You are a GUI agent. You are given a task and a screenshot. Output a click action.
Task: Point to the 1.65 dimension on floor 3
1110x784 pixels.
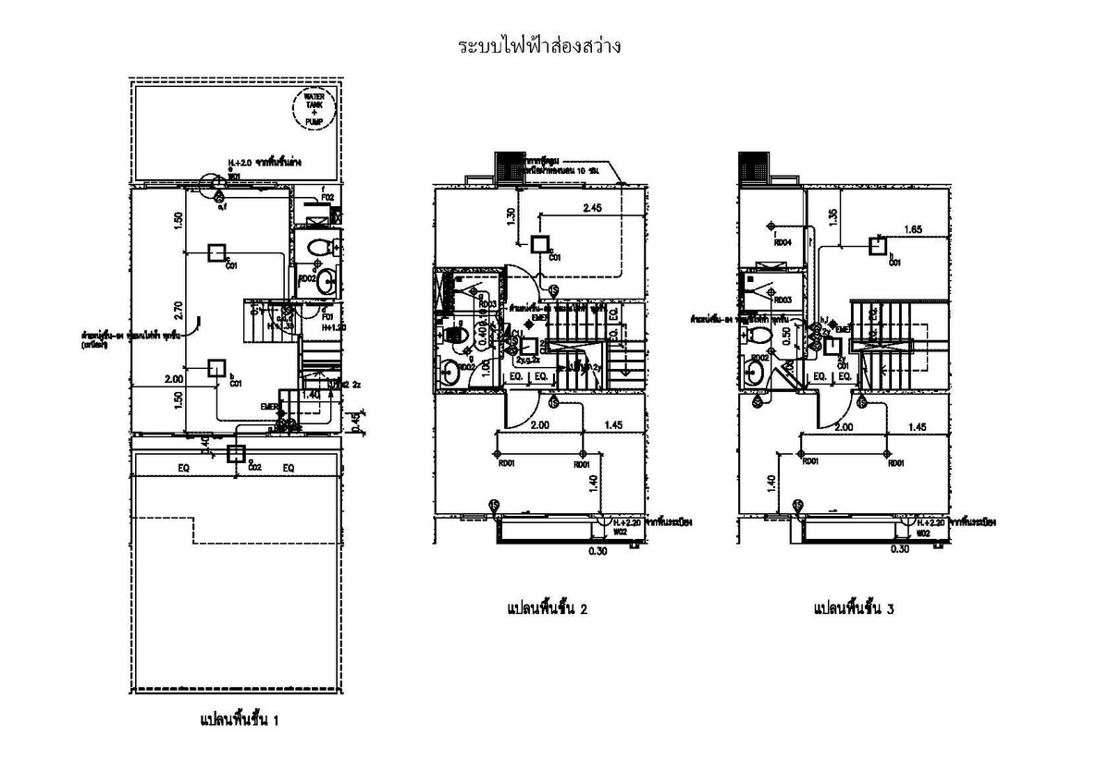[x=913, y=229]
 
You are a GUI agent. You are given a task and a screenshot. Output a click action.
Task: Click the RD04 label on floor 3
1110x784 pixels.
[x=782, y=242]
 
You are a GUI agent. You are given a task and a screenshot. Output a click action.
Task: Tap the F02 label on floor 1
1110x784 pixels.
[x=326, y=197]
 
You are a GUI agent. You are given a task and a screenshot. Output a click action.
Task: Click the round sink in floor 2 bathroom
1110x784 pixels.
[x=450, y=374]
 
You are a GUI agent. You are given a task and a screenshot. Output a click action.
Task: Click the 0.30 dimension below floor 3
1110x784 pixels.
[x=898, y=549]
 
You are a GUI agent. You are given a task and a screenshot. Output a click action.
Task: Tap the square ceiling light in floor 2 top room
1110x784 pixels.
[x=540, y=244]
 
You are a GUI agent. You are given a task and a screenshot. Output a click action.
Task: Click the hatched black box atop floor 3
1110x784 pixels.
[x=753, y=167]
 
